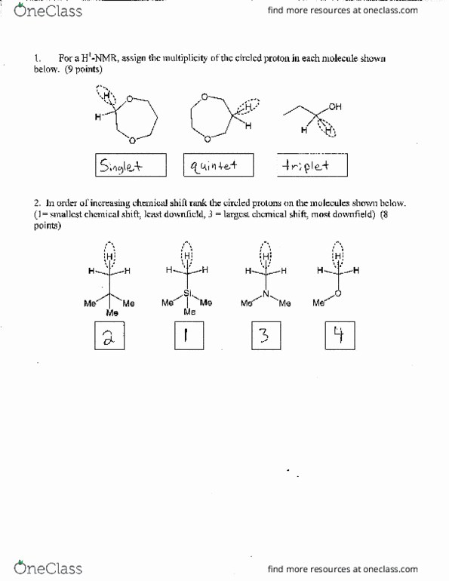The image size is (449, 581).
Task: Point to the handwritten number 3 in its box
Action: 263,337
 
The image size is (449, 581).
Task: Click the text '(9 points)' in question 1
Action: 83,69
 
